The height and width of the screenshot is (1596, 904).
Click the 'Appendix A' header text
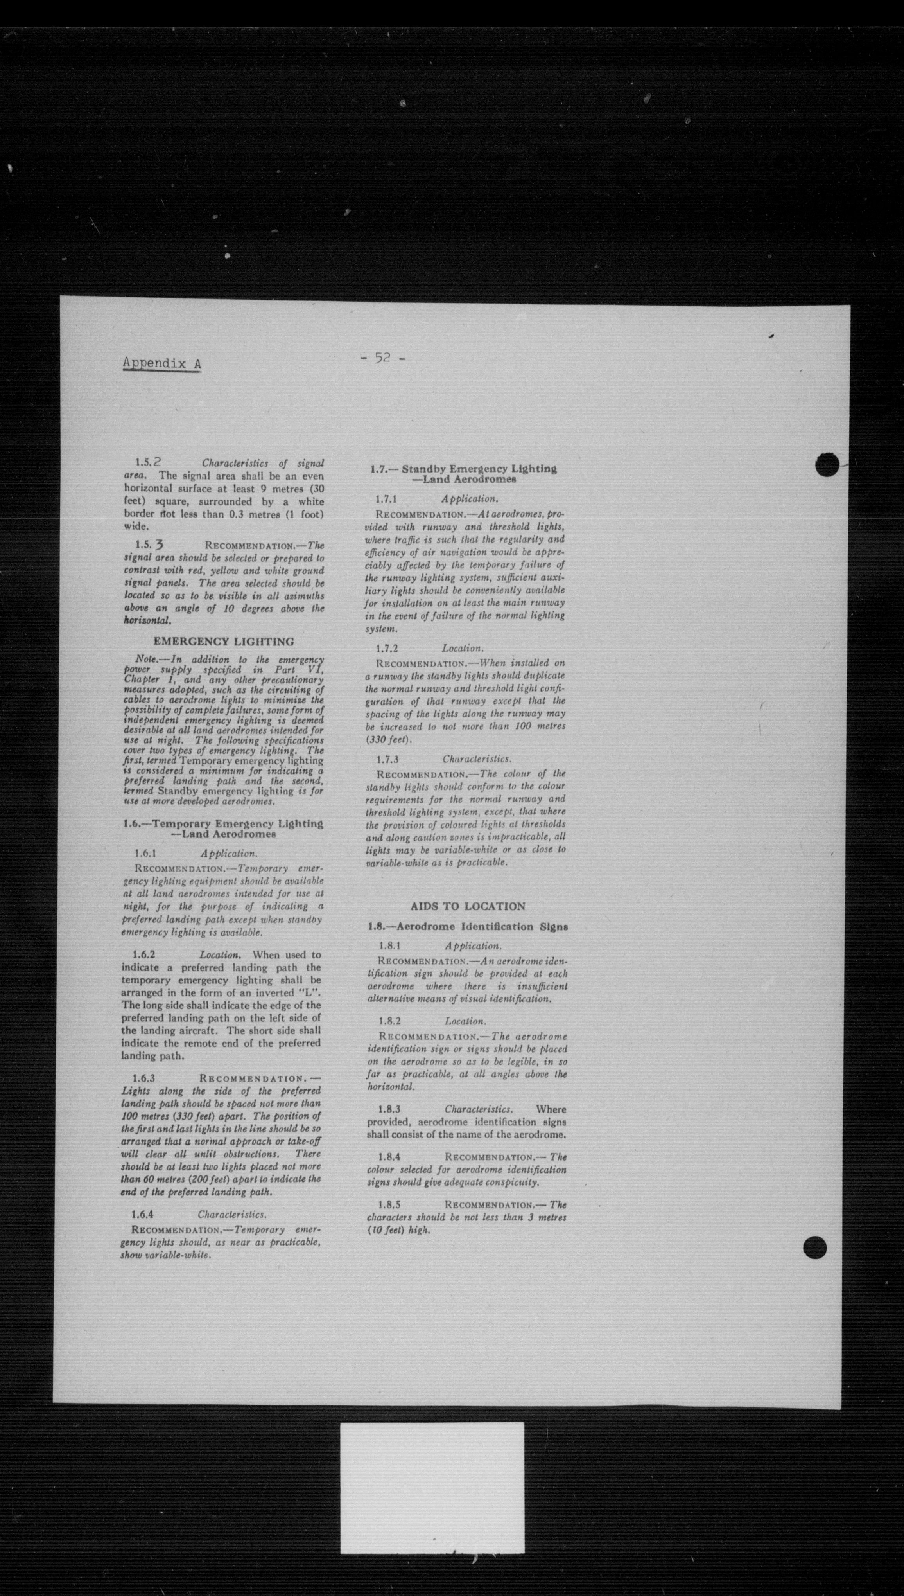pyautogui.click(x=161, y=363)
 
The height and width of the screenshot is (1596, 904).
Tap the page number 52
pyautogui.click(x=382, y=358)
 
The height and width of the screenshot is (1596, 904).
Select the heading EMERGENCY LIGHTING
pyautogui.click(x=224, y=642)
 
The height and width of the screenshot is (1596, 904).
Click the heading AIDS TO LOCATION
pyautogui.click(x=468, y=906)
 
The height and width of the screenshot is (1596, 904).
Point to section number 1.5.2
pyautogui.click(x=149, y=463)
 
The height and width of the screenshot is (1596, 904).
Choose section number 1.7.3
pyautogui.click(x=387, y=759)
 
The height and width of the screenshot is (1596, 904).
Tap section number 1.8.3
pyautogui.click(x=390, y=1109)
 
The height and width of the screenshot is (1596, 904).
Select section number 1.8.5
pyautogui.click(x=389, y=1205)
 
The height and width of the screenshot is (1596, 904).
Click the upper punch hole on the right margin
pyautogui.click(x=827, y=464)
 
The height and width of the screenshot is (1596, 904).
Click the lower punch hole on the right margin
pyautogui.click(x=814, y=1247)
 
